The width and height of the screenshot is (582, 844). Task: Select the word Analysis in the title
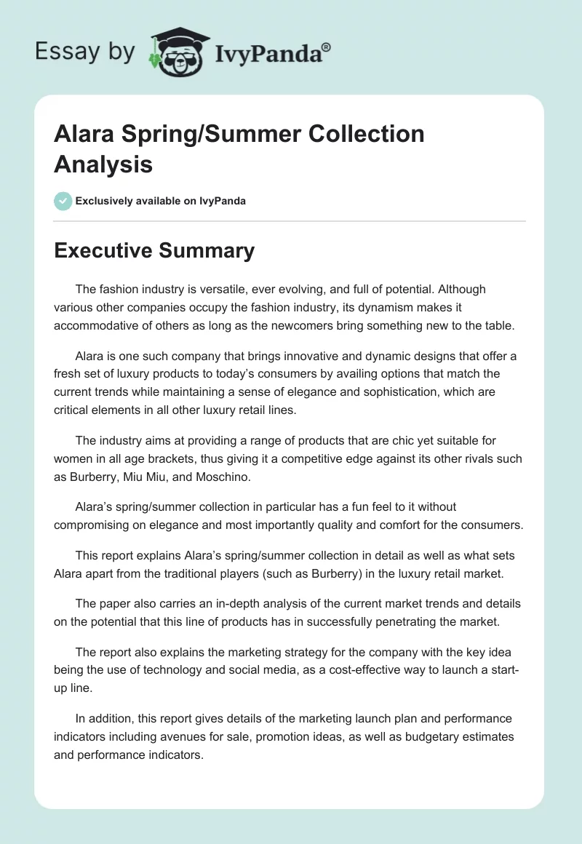coord(103,164)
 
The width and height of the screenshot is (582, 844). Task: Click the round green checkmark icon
coord(63,201)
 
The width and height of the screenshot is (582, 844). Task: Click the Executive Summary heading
coord(154,250)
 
